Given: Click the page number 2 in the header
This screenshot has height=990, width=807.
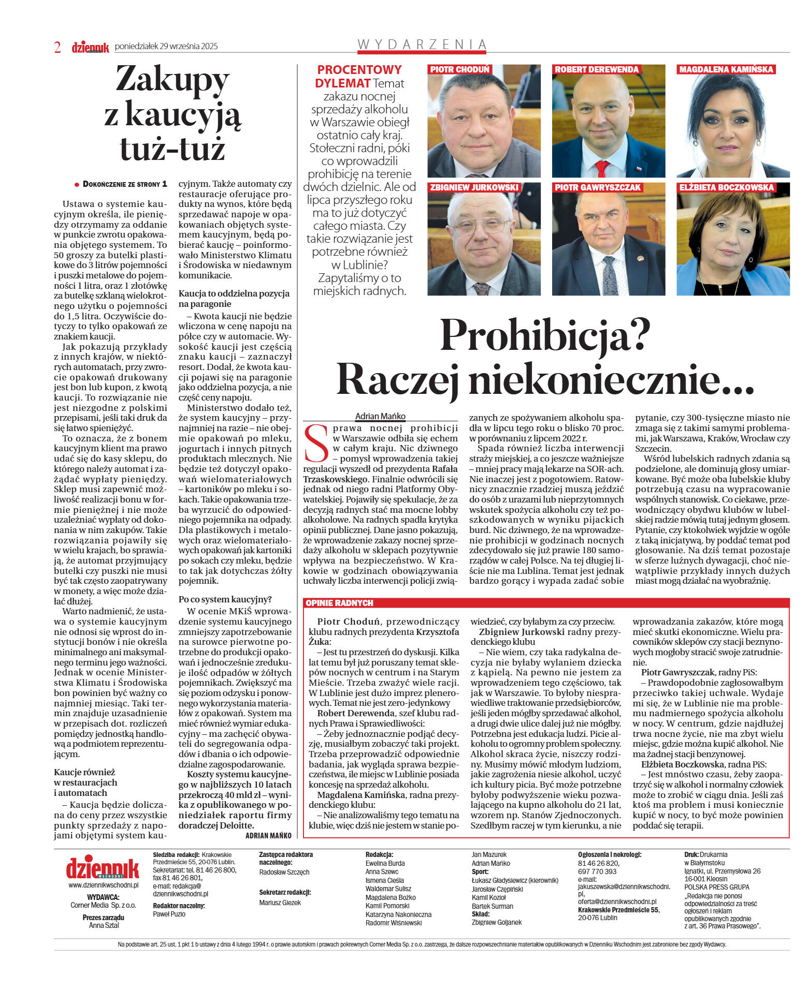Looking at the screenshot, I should [57, 47].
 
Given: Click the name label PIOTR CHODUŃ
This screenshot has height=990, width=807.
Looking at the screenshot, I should [459, 69].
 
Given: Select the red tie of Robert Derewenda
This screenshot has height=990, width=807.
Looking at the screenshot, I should [601, 169].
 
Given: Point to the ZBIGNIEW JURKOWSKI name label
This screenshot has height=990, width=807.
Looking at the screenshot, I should [474, 187].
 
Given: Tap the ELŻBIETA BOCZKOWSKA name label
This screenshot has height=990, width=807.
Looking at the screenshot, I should [726, 187].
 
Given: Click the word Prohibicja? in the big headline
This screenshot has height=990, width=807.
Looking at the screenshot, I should [545, 336].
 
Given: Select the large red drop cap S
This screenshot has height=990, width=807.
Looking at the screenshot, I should [316, 444].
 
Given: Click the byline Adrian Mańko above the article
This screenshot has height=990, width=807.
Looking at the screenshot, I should [380, 416].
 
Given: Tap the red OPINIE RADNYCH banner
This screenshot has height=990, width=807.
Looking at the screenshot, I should [339, 603].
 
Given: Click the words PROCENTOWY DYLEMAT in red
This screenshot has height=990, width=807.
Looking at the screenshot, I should [359, 76].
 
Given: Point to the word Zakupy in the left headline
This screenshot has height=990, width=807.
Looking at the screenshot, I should [172, 80].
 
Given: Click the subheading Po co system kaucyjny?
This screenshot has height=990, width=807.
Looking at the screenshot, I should [225, 599].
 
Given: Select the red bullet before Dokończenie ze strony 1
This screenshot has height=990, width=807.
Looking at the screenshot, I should [77, 184].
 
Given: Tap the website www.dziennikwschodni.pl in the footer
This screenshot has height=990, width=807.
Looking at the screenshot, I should [103, 885].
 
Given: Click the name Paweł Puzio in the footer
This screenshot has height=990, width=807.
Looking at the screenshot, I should [169, 914].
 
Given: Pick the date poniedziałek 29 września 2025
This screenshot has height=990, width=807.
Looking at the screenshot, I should [166, 46].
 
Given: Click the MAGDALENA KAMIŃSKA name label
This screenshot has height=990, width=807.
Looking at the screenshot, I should [726, 69].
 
